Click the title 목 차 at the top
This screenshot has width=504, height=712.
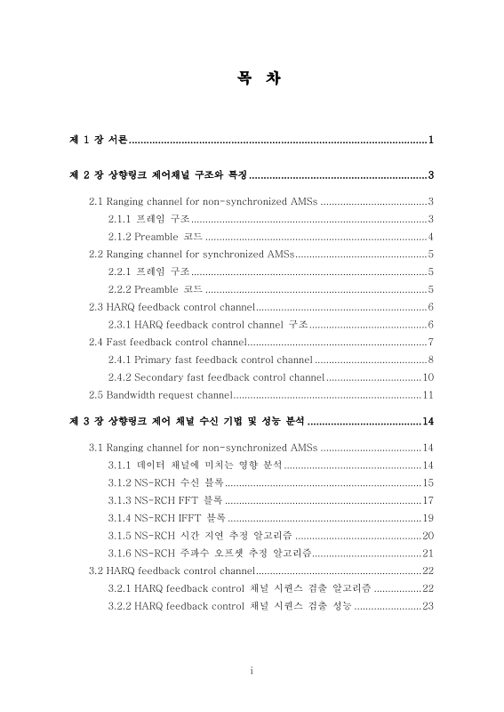pyautogui.click(x=252, y=78)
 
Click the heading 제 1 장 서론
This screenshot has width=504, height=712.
pyautogui.click(x=100, y=141)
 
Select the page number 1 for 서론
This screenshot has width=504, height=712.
pyautogui.click(x=430, y=141)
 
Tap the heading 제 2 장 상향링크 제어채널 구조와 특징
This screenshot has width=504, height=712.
pyautogui.click(x=158, y=175)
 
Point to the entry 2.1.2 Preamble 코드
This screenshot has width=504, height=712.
pyautogui.click(x=156, y=237)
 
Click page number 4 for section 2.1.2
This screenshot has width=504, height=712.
pyautogui.click(x=430, y=237)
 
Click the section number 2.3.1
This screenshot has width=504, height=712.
pyautogui.click(x=119, y=324)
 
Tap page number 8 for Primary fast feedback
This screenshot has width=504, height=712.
pyautogui.click(x=430, y=360)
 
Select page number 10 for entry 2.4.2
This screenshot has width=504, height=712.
pyautogui.click(x=428, y=377)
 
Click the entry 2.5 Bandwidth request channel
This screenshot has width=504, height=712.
pyautogui.click(x=160, y=394)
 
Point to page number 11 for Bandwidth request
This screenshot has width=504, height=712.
pyautogui.click(x=428, y=394)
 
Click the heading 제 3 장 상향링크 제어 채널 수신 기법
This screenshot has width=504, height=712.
pyautogui.click(x=187, y=421)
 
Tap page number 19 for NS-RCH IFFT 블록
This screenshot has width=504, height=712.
pyautogui.click(x=428, y=518)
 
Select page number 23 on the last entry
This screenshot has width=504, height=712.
pyautogui.click(x=428, y=606)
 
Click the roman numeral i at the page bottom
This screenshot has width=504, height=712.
pyautogui.click(x=252, y=670)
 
